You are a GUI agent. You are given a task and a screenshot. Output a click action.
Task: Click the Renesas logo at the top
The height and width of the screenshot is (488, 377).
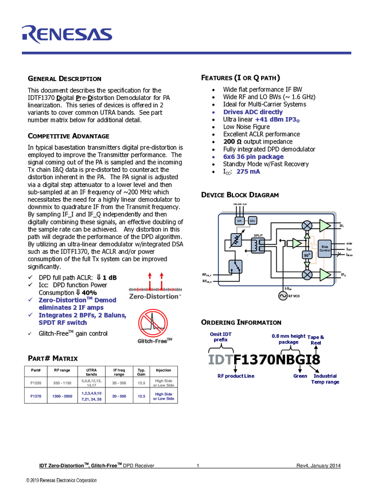(x=67, y=34)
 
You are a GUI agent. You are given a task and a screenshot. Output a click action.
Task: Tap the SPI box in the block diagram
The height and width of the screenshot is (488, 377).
(x=240, y=220)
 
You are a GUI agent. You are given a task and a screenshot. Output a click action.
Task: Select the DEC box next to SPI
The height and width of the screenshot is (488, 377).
(x=252, y=220)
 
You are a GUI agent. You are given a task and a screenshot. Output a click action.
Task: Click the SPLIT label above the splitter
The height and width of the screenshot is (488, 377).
(x=258, y=235)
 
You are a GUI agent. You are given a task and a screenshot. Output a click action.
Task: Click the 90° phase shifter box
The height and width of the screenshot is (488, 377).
(x=307, y=254)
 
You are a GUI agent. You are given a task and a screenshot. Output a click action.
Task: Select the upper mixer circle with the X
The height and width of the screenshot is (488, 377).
(x=307, y=224)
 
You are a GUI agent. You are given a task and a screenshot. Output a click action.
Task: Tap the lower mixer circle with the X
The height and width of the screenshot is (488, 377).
(x=307, y=275)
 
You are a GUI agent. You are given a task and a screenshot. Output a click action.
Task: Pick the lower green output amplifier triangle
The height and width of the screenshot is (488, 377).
(x=325, y=275)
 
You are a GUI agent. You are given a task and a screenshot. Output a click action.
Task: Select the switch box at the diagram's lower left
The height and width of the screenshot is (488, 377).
(x=236, y=267)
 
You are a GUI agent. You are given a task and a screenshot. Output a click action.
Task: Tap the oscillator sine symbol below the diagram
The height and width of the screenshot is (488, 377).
(x=282, y=296)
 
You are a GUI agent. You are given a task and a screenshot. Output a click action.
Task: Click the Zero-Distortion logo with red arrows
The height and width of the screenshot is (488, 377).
(x=155, y=286)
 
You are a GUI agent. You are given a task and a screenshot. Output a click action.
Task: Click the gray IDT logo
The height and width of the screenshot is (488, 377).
(x=220, y=360)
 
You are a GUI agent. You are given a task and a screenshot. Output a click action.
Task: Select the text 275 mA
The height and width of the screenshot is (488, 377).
(x=248, y=172)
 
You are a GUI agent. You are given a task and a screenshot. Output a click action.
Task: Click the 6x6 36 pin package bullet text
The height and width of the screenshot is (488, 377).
(x=254, y=157)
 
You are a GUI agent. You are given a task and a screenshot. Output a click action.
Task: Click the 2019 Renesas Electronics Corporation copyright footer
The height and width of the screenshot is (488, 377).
(x=61, y=481)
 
